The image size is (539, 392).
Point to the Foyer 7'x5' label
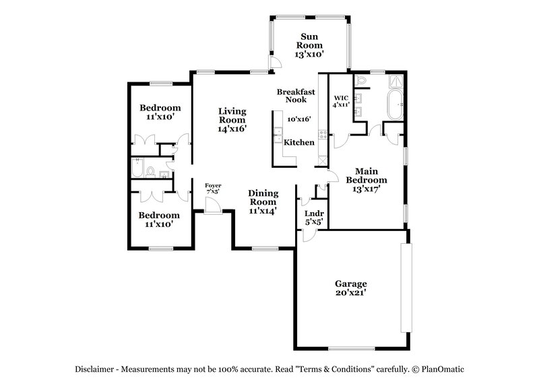click(213, 188)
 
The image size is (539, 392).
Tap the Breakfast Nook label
click(296, 96)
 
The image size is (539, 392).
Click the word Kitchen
click(298, 143)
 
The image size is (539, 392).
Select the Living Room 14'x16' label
click(232, 119)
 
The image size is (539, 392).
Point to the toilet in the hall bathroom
click(152, 171)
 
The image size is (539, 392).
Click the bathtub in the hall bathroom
click(137, 168)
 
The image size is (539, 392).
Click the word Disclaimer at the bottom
click(96, 369)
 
